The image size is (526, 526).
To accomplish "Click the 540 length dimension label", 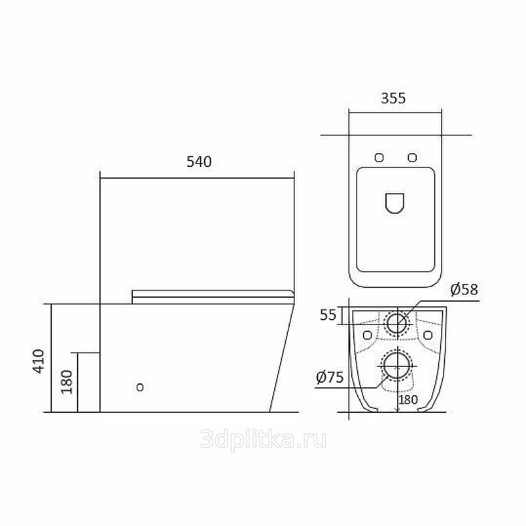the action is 199,162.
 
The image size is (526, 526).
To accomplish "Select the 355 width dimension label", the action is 393,98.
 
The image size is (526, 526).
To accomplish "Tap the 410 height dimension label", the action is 39,361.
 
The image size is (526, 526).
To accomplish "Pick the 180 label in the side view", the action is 67,382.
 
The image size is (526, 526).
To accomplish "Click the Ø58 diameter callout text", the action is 464,289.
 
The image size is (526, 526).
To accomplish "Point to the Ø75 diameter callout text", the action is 330,377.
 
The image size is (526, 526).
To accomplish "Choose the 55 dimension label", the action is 327,315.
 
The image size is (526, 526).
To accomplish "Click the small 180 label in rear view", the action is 408,400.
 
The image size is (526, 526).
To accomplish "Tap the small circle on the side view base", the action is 140,387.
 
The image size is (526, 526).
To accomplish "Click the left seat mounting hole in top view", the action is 379,157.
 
